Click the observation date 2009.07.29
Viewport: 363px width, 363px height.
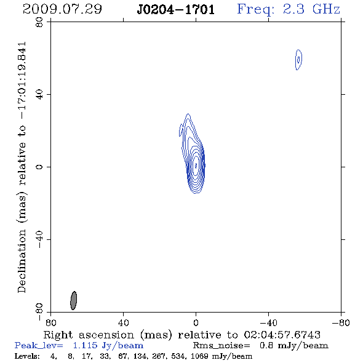click(x=62, y=9)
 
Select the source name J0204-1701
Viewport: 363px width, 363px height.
click(x=176, y=10)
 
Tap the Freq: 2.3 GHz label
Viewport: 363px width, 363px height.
click(x=289, y=10)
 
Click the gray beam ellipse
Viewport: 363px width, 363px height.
click(x=73, y=300)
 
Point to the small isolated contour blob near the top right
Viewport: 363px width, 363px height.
click(x=298, y=60)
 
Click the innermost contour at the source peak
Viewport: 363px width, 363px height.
click(x=196, y=166)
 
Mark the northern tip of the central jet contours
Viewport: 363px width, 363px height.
click(x=188, y=114)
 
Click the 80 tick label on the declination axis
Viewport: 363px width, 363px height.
click(x=39, y=22)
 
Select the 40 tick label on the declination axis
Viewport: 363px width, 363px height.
click(x=39, y=95)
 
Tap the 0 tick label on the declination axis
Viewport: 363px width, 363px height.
click(x=39, y=167)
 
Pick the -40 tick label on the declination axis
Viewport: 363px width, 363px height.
click(x=39, y=239)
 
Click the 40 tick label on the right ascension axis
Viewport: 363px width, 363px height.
click(x=123, y=322)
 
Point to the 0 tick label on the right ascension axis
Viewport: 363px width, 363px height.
click(x=196, y=322)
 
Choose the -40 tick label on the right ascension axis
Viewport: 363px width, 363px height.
click(x=268, y=322)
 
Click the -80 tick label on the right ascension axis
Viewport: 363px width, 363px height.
click(x=341, y=322)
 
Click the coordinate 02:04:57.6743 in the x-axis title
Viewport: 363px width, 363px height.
click(x=282, y=335)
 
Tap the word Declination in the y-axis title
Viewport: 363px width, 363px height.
click(x=22, y=261)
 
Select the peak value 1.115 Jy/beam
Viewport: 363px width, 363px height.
click(x=108, y=346)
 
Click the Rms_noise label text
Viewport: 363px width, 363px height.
click(x=221, y=346)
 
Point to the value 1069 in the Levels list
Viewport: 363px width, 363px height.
click(x=199, y=356)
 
